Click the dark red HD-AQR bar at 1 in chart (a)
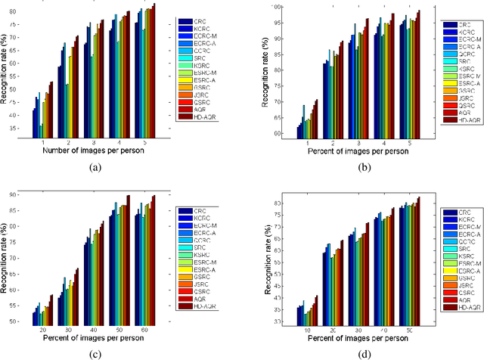point(51,109)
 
